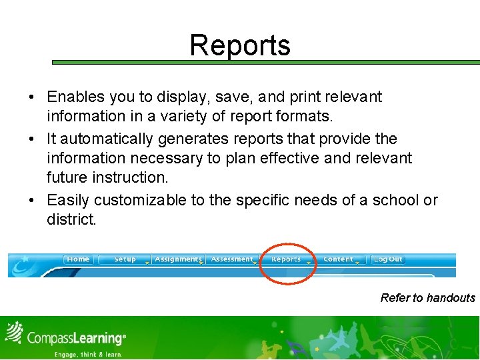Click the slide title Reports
[240, 45]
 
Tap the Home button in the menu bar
[78, 259]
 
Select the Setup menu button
[125, 259]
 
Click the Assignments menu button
[177, 259]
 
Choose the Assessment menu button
[231, 259]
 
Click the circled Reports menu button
[287, 259]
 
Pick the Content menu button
[339, 259]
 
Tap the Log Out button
[387, 259]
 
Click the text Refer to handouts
[427, 298]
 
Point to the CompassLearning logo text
[75, 338]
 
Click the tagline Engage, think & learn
[88, 355]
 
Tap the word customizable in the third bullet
[140, 200]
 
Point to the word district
[71, 219]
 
